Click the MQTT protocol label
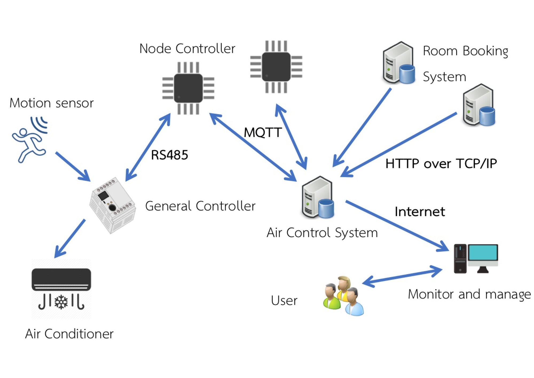click(x=263, y=132)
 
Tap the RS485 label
click(x=170, y=155)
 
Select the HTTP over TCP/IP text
click(x=441, y=164)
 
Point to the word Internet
click(x=420, y=212)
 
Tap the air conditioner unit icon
click(x=61, y=280)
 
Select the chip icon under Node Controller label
click(x=188, y=88)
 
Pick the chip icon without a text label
click(x=276, y=67)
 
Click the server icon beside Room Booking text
click(x=399, y=63)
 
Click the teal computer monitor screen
click(x=483, y=252)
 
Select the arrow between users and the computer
click(x=402, y=277)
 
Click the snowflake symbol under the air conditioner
click(x=61, y=302)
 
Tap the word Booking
click(x=485, y=51)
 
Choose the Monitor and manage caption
click(x=469, y=295)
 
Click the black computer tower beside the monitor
click(x=460, y=259)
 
